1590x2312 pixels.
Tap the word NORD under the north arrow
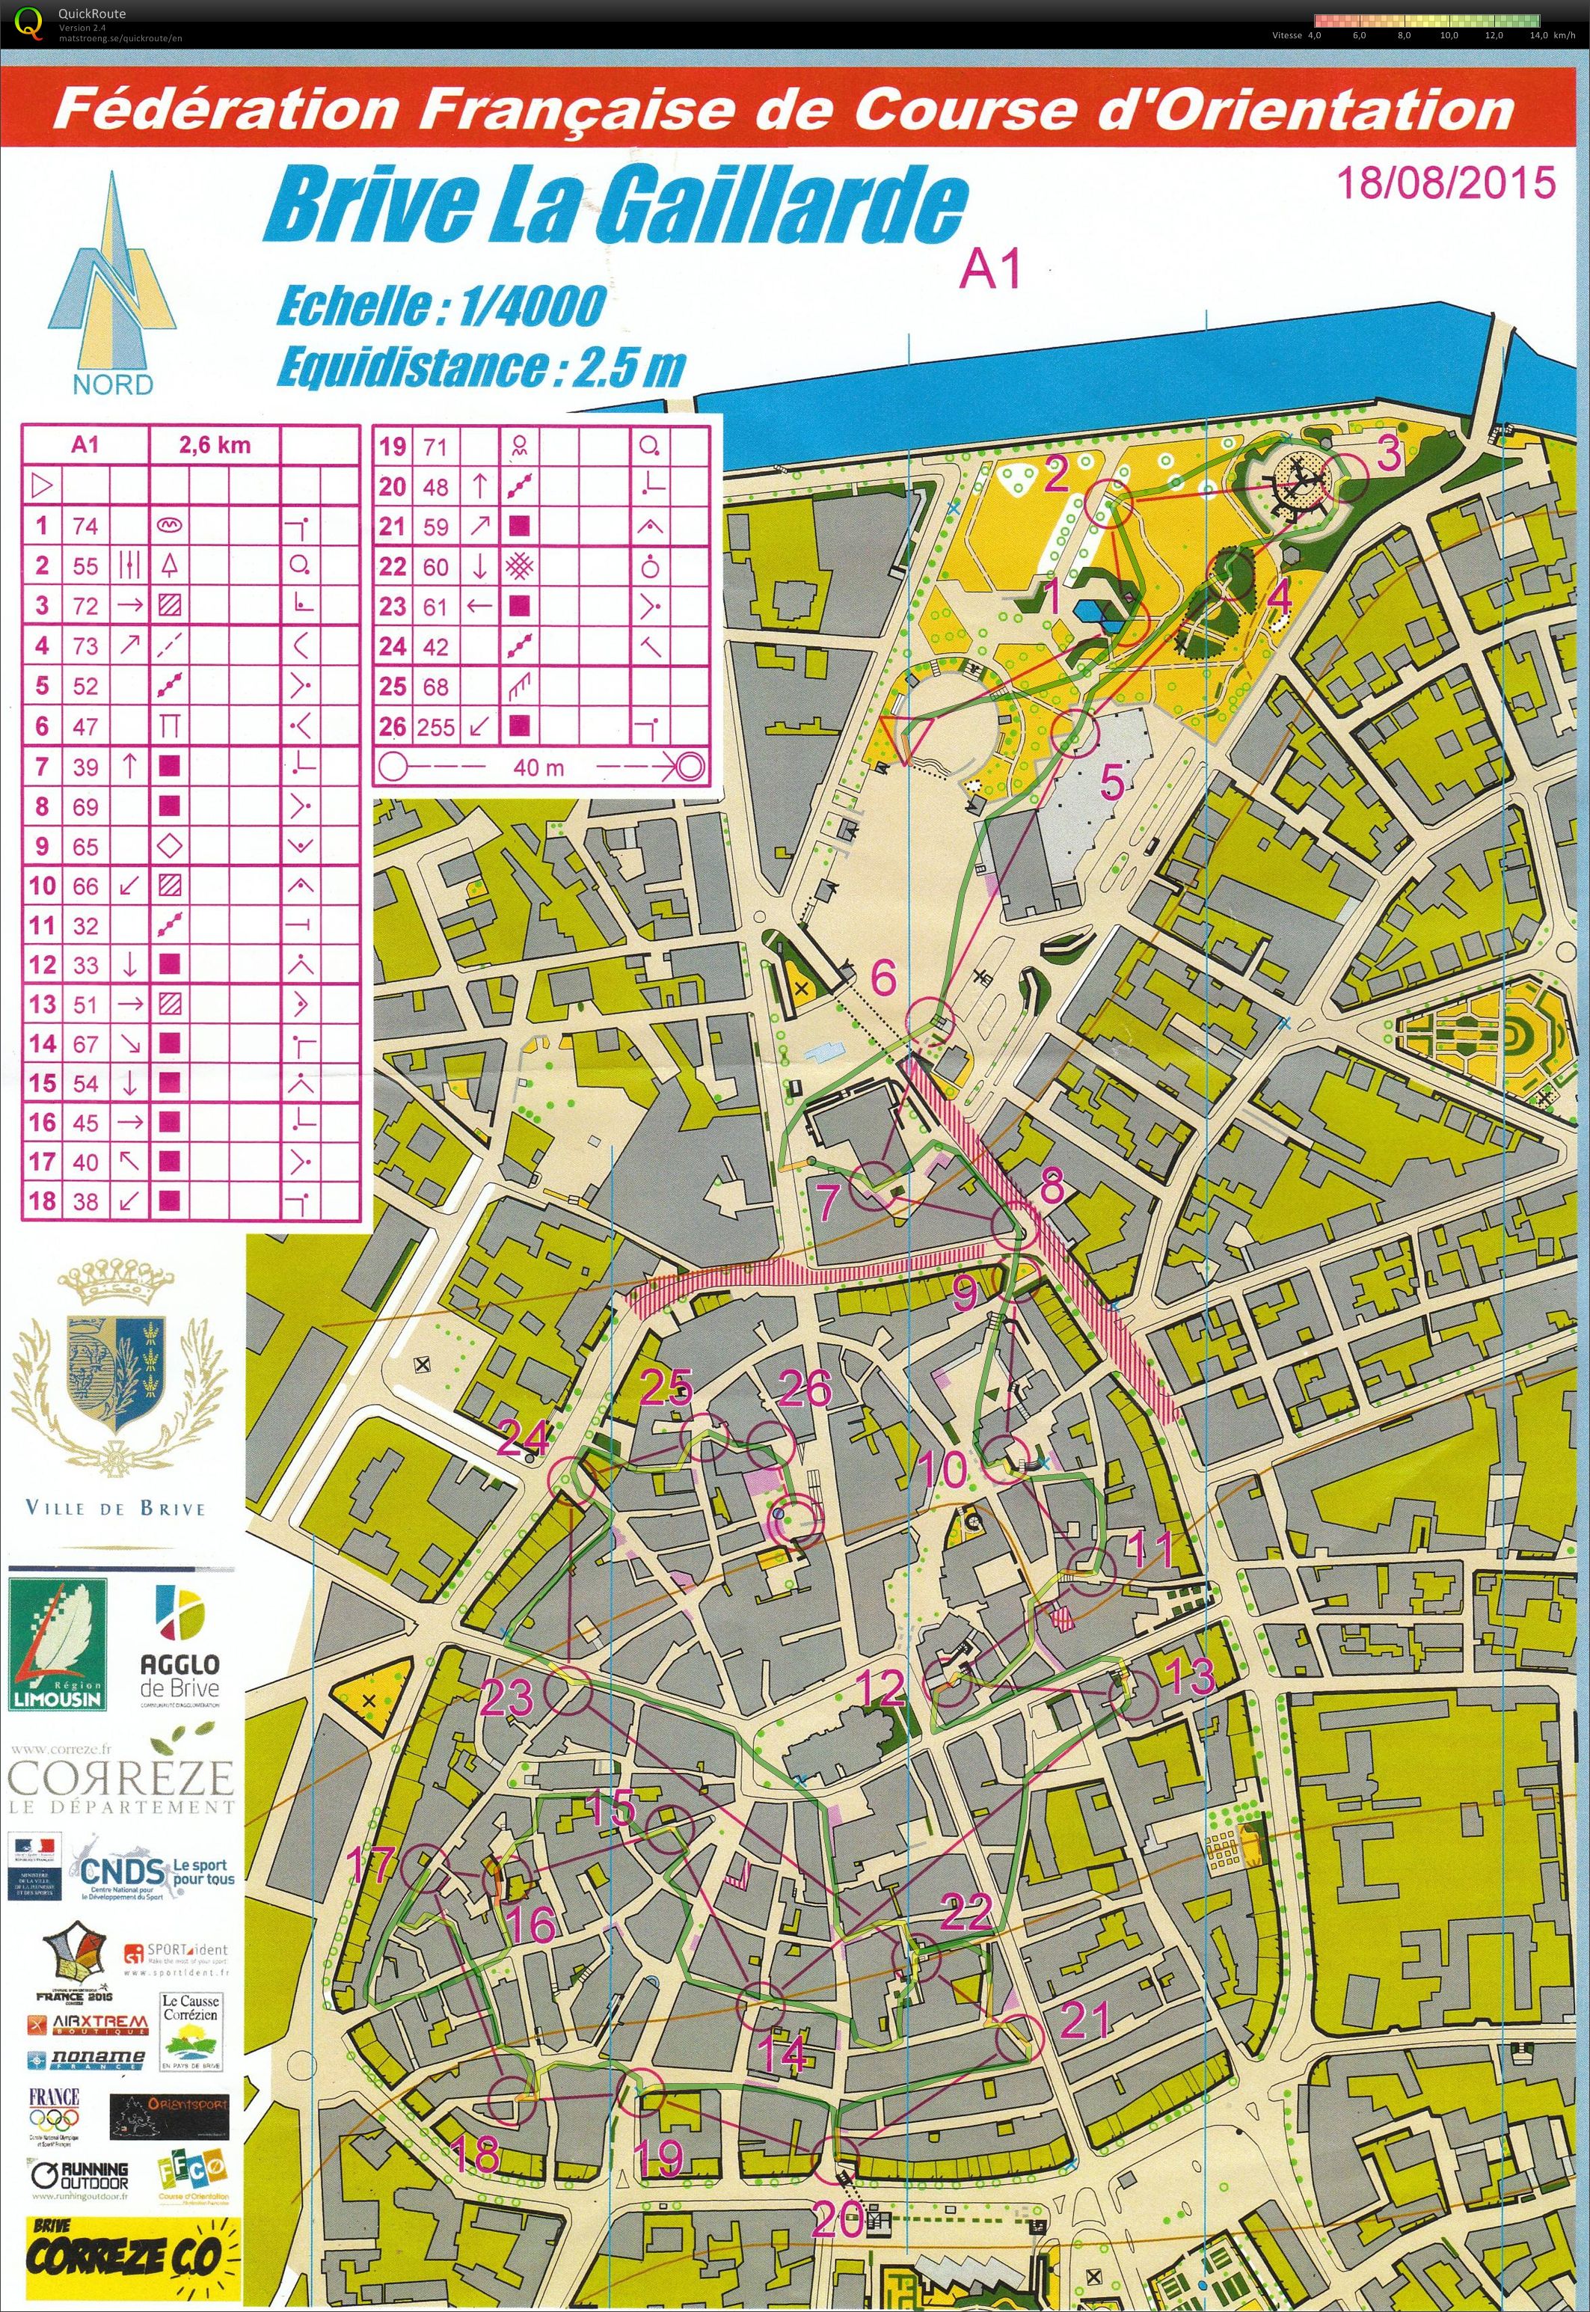pyautogui.click(x=113, y=384)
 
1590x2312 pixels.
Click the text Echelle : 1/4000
pyautogui.click(x=441, y=306)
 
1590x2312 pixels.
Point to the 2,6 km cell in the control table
pyautogui.click(x=214, y=445)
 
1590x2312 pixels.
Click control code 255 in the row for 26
pyautogui.click(x=436, y=726)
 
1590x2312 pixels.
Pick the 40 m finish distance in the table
pyautogui.click(x=539, y=767)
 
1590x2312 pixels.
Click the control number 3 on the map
pyautogui.click(x=1389, y=453)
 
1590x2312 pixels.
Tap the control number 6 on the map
pyautogui.click(x=884, y=978)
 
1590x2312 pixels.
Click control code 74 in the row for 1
pyautogui.click(x=86, y=525)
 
